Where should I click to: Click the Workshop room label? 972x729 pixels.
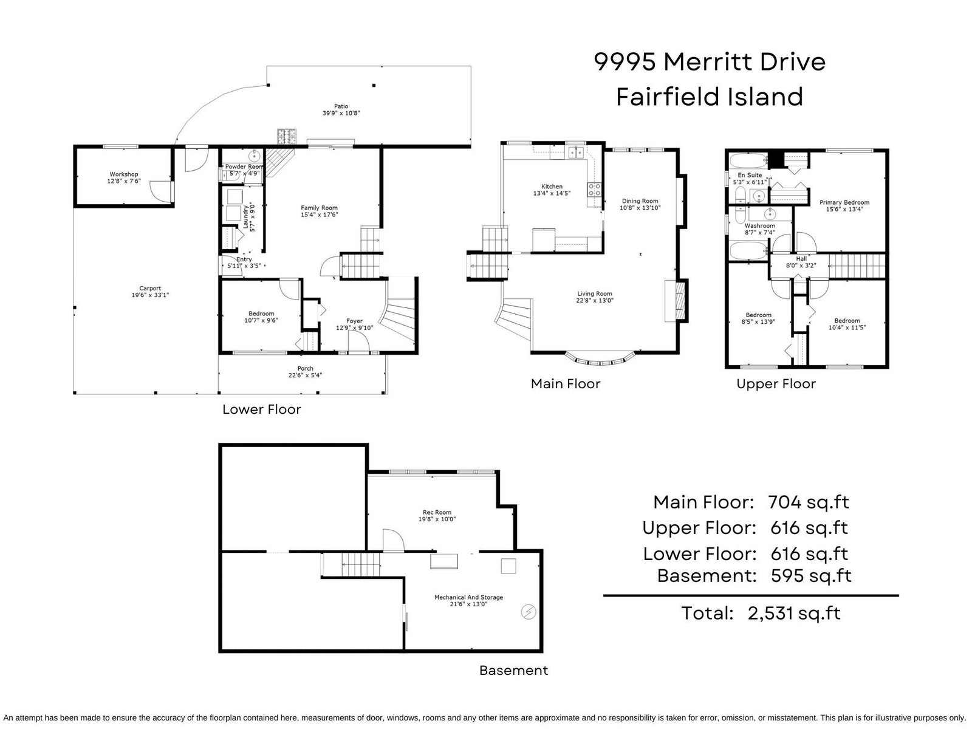click(123, 174)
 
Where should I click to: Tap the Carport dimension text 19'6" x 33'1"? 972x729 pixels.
click(150, 295)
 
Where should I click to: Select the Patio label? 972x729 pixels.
click(341, 106)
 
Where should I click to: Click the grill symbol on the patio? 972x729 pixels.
click(287, 136)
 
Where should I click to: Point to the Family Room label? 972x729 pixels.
click(319, 208)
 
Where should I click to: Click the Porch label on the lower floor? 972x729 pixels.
click(305, 368)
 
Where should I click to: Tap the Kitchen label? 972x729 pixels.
click(552, 187)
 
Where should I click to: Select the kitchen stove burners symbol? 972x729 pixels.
click(594, 190)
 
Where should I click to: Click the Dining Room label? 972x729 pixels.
click(640, 201)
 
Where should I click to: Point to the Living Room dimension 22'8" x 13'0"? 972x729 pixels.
click(595, 301)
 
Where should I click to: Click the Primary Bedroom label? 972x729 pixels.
click(844, 202)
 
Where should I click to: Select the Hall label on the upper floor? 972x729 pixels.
click(801, 259)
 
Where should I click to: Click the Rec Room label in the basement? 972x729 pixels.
click(437, 512)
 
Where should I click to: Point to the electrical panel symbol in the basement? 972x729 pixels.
click(529, 612)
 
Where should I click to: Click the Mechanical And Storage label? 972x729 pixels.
click(468, 597)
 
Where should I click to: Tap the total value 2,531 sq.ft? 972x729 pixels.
click(794, 614)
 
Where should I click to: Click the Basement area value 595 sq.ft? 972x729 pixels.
click(811, 576)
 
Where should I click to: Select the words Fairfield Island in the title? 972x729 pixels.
click(710, 97)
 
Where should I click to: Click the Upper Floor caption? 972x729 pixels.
click(776, 384)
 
